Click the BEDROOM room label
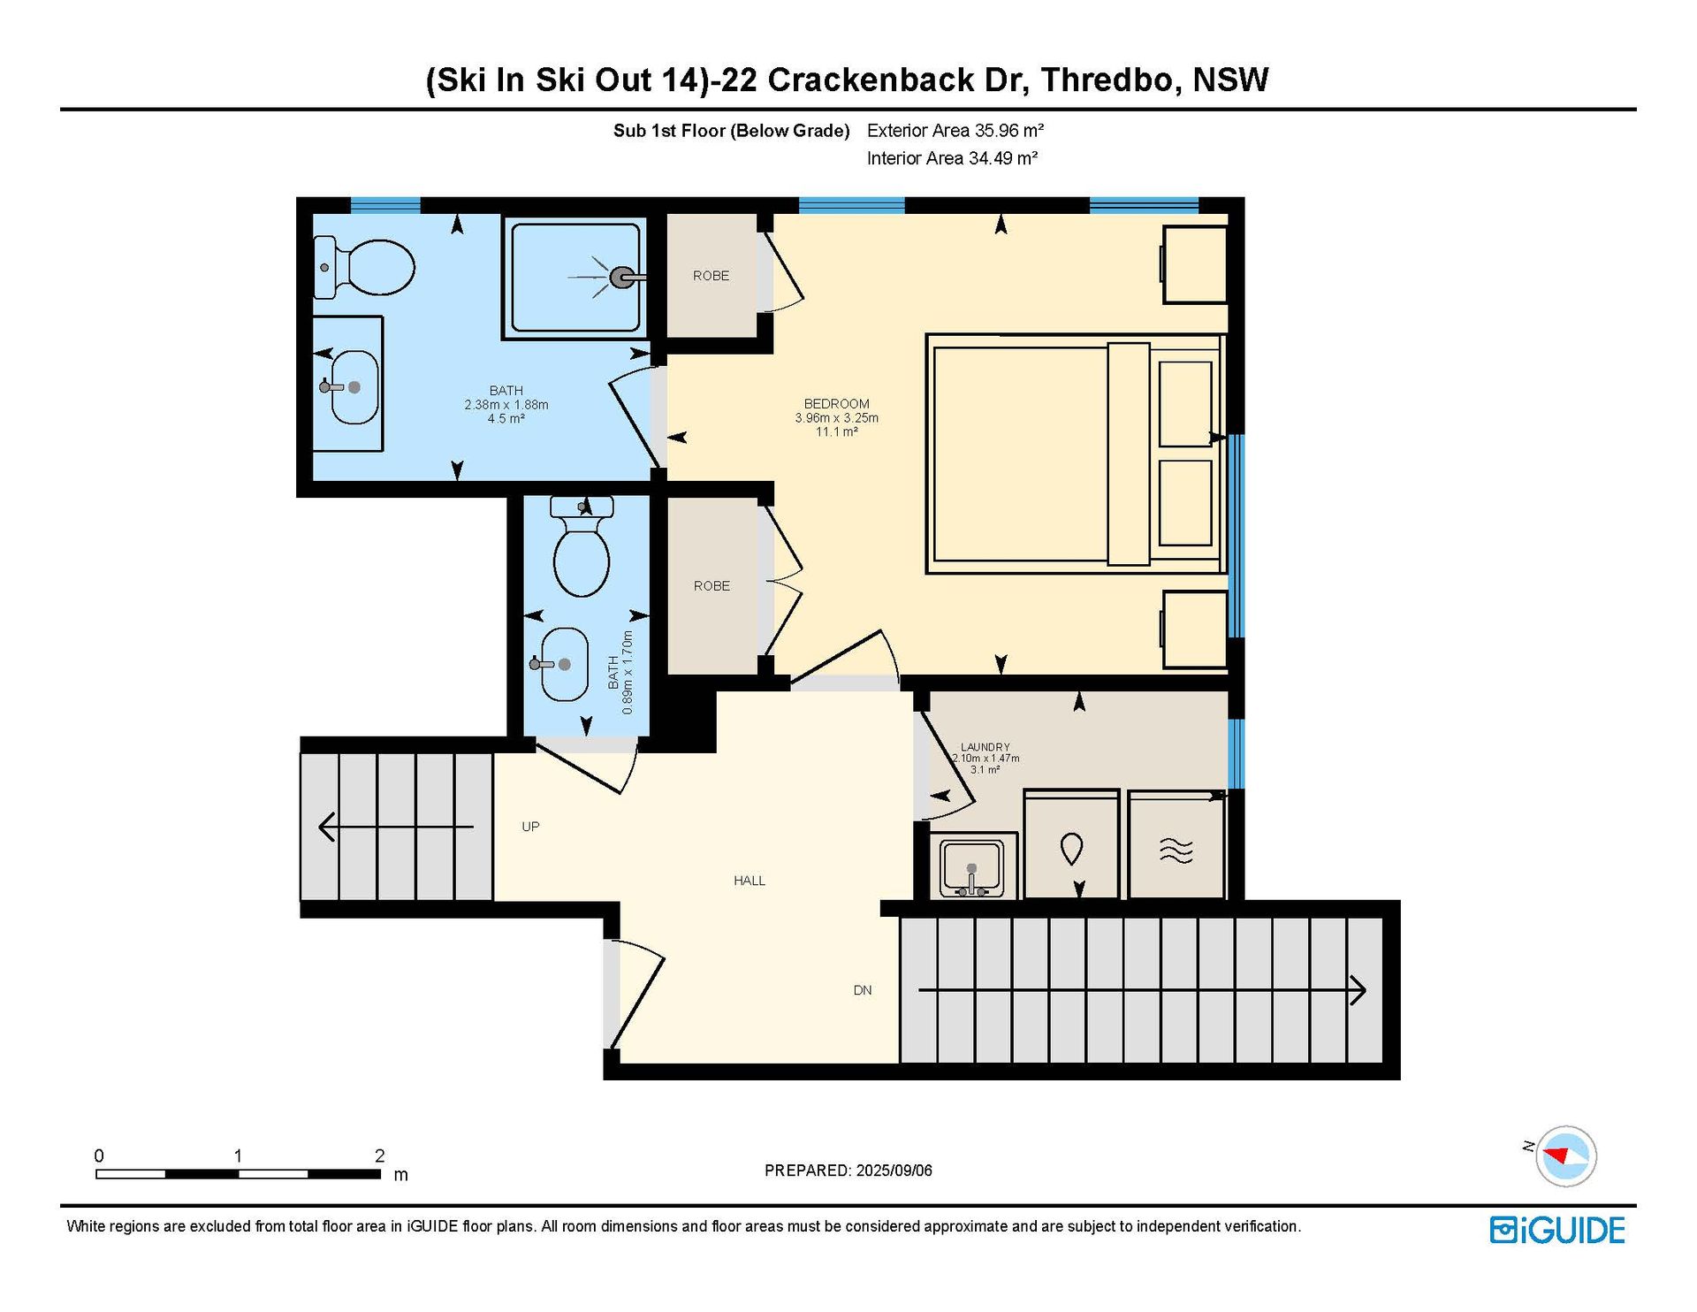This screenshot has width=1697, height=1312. [836, 403]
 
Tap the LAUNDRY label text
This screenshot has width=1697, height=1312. [985, 747]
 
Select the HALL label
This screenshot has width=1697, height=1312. [750, 881]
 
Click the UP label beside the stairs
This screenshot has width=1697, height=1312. [530, 827]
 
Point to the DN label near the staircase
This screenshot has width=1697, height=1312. [863, 990]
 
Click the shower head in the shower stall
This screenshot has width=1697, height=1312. [622, 278]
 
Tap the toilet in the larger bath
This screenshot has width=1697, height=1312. [364, 267]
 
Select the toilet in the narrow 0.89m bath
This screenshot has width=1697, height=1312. [582, 546]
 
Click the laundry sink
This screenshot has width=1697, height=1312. [972, 866]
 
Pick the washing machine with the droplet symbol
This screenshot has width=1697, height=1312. [1071, 844]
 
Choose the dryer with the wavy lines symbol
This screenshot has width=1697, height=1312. [1176, 845]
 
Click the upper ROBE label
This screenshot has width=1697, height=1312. [712, 276]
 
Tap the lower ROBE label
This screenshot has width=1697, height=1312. [712, 586]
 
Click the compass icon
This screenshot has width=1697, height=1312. [1565, 1156]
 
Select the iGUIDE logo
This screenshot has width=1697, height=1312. [1557, 1231]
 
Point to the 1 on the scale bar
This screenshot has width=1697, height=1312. [238, 1156]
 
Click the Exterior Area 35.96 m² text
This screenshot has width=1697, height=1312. [955, 131]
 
